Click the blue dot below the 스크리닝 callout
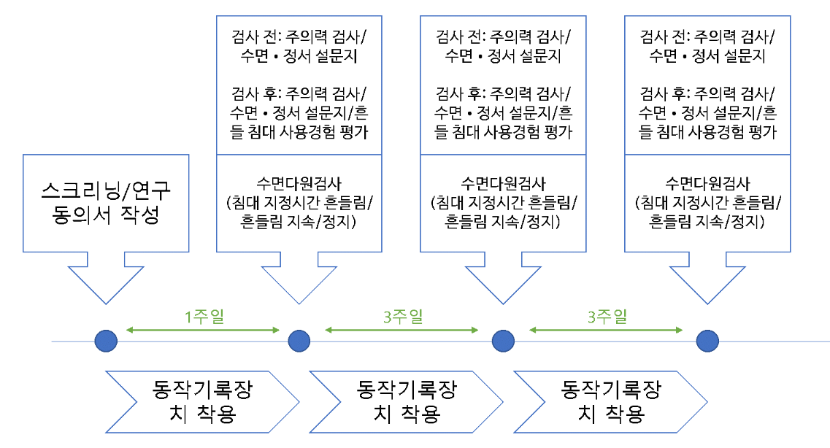click(107, 341)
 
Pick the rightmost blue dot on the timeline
click(707, 341)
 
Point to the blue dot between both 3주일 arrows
click(502, 341)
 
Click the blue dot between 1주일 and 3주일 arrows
click(299, 341)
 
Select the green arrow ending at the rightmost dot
click(607, 331)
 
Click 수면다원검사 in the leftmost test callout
click(299, 184)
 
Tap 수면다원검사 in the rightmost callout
click(707, 184)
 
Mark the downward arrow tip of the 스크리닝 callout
click(107, 302)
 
